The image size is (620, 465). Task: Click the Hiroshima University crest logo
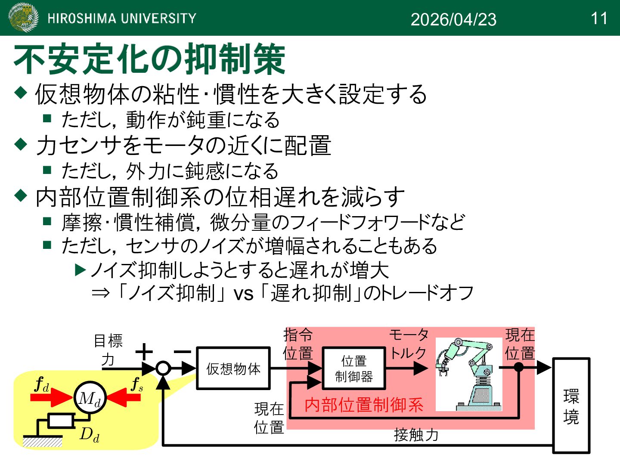[24, 18]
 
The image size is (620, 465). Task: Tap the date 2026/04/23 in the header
[453, 19]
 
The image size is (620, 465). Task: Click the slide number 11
[599, 19]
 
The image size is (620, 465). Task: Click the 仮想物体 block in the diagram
[233, 369]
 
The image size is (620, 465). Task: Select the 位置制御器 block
[354, 369]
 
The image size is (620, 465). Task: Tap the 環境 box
[571, 406]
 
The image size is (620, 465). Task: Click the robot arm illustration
[468, 374]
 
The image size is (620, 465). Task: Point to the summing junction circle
[163, 368]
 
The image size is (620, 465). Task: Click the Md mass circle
[90, 398]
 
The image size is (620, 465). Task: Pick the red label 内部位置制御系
[364, 405]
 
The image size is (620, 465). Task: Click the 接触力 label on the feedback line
[416, 435]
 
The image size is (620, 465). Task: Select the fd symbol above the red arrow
[42, 384]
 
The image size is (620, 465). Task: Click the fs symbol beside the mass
[137, 384]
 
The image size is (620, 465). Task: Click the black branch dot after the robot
[519, 367]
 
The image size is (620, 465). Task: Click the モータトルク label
[409, 344]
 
